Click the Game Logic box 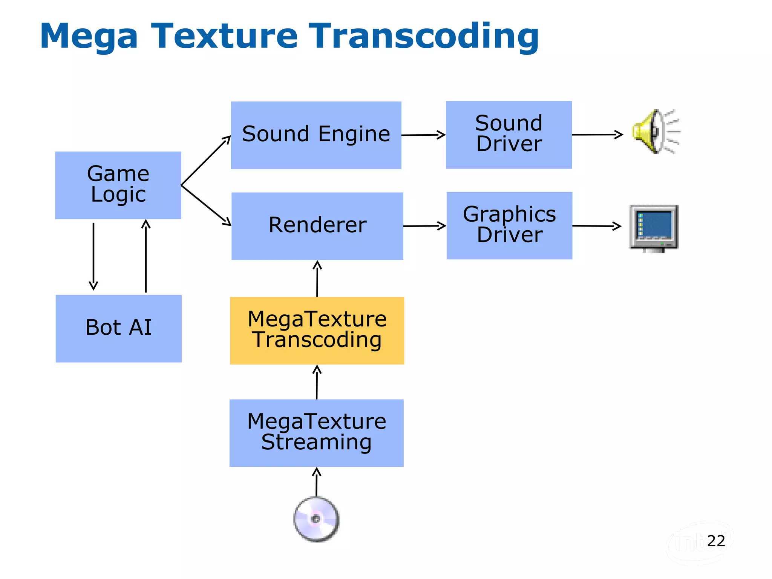pos(118,185)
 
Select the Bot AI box pos(118,328)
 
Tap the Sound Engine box pos(316,135)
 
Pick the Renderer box pos(317,226)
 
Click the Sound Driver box pos(509,135)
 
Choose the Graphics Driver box pos(509,225)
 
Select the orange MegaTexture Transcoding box pos(317,330)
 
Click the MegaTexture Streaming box pos(316,433)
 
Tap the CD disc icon pos(316,519)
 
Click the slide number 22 pos(716,541)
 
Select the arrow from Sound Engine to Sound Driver pos(423,135)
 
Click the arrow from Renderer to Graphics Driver pos(424,226)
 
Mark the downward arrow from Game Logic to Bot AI pos(93,256)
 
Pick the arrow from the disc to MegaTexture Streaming pos(317,482)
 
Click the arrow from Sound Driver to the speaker pos(597,135)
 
